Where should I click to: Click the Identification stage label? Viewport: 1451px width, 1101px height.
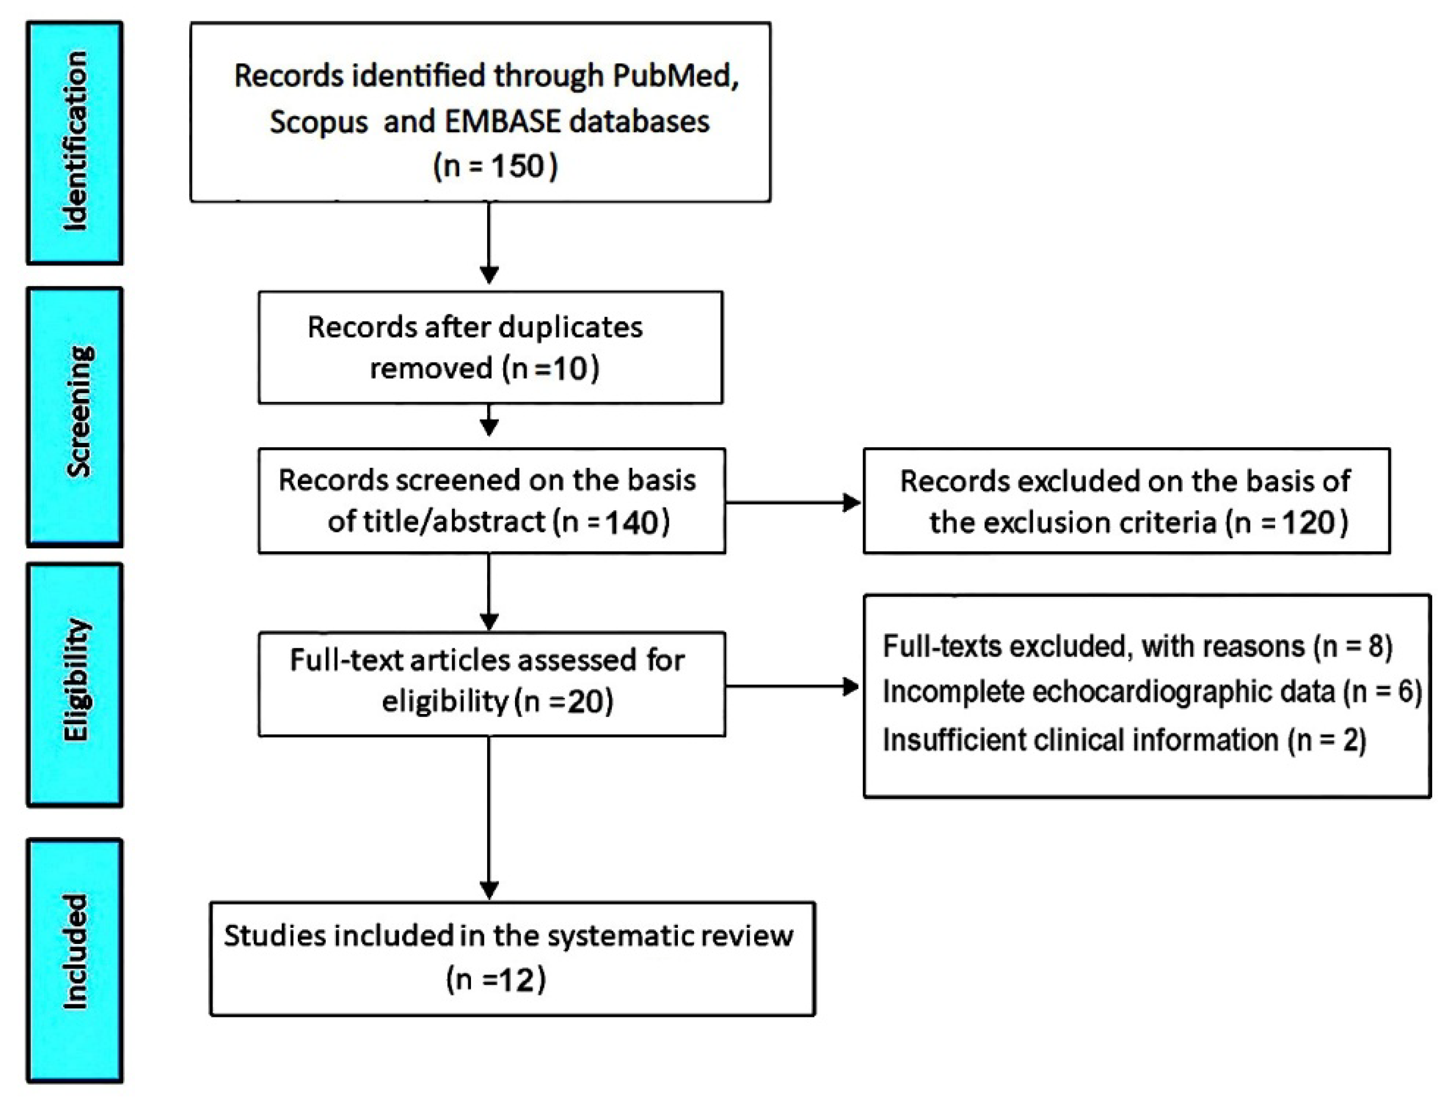(x=75, y=142)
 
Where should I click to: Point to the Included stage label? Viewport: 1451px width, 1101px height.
(x=75, y=952)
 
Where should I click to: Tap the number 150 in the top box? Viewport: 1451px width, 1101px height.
(x=518, y=166)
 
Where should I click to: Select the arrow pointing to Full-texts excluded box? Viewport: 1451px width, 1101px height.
(x=850, y=687)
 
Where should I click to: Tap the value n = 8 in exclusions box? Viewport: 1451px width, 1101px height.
(x=1353, y=646)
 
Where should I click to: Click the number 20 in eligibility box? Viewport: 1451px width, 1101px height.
(x=587, y=702)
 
